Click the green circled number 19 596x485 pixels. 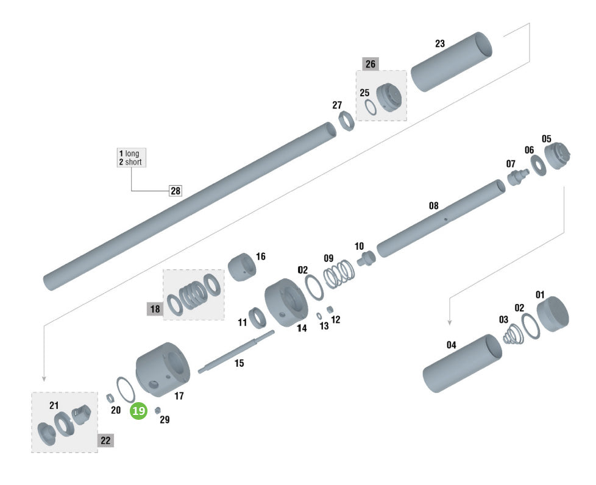click(x=138, y=411)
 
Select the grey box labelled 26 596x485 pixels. click(x=371, y=64)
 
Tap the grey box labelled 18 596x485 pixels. click(x=155, y=309)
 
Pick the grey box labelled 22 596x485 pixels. click(x=105, y=441)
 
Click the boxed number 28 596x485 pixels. click(x=176, y=191)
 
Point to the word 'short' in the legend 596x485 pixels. click(x=133, y=162)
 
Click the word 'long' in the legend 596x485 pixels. click(x=132, y=154)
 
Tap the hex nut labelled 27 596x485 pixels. click(x=346, y=121)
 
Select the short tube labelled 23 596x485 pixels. click(x=452, y=62)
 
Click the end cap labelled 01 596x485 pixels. click(x=553, y=314)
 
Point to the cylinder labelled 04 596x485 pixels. click(x=463, y=363)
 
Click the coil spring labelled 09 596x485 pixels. click(x=339, y=274)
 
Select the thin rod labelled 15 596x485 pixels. click(x=236, y=352)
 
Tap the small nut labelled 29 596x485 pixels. click(x=158, y=411)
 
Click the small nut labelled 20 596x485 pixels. click(x=110, y=398)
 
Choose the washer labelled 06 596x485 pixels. click(x=538, y=166)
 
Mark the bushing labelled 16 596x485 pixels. click(x=242, y=267)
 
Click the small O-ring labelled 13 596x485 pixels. click(x=319, y=316)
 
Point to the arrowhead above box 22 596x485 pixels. click(x=44, y=378)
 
